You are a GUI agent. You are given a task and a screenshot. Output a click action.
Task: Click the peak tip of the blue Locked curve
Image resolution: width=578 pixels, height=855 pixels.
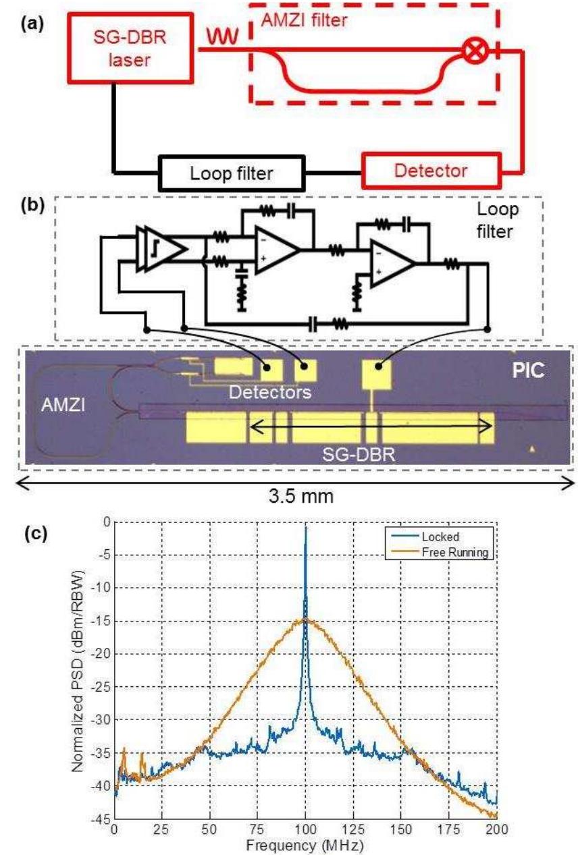(306, 527)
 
